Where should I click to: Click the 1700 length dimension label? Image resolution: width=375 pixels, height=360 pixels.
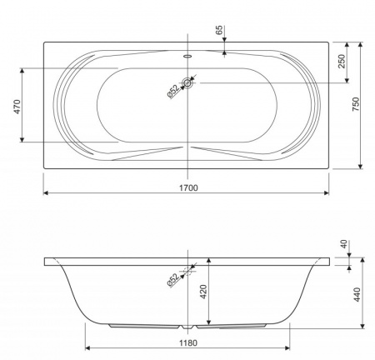coord(188,188)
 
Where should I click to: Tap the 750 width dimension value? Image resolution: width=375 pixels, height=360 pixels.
coord(356,104)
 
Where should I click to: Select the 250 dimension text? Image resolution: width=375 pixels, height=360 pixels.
coord(342,62)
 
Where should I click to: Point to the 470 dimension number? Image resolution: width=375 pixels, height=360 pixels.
coord(17,107)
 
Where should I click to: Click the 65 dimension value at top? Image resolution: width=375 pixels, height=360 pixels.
coord(219,30)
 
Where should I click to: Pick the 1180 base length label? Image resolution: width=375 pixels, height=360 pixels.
coord(188,343)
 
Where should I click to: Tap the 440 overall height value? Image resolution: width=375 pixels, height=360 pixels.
coord(357,294)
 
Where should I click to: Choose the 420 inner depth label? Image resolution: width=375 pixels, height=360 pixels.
coord(203,292)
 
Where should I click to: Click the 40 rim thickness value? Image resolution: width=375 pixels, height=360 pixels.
coord(344,244)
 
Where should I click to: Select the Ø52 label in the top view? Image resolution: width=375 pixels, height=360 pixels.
coord(173,92)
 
